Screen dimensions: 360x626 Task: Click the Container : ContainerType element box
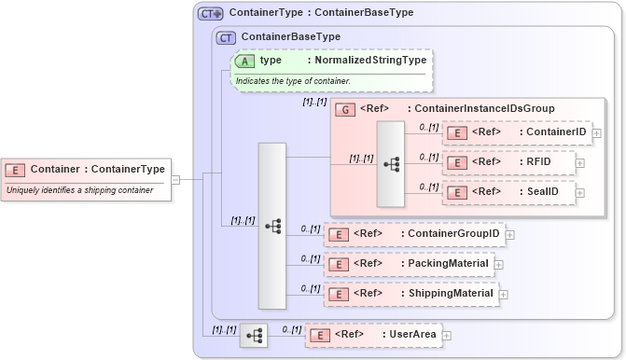click(86, 170)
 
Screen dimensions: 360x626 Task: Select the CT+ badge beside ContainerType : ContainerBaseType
click(210, 14)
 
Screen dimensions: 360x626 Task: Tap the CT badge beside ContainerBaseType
click(226, 37)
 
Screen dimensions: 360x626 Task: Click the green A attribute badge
click(245, 60)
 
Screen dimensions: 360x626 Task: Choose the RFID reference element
click(508, 162)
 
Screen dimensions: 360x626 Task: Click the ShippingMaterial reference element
click(410, 294)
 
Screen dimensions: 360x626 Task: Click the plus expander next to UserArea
click(446, 335)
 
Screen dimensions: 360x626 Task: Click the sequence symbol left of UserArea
click(254, 335)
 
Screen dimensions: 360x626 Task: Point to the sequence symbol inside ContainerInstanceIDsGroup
click(391, 164)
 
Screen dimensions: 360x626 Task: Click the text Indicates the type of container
click(294, 81)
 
